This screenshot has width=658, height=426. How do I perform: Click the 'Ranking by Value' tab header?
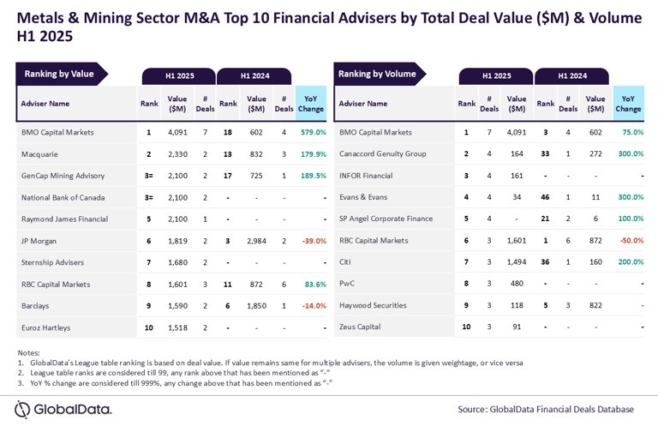click(x=59, y=75)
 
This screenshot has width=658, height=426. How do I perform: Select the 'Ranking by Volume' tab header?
click(x=377, y=75)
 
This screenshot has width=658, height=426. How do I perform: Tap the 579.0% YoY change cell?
click(x=313, y=133)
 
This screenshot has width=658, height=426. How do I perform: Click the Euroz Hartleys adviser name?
click(x=46, y=327)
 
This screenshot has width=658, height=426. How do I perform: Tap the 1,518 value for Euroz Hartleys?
click(x=177, y=327)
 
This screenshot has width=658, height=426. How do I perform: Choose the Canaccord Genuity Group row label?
click(x=382, y=154)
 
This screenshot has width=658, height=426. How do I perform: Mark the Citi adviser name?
click(x=346, y=262)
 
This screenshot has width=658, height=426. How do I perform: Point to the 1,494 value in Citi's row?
click(x=516, y=262)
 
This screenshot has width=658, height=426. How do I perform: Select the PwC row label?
click(x=347, y=284)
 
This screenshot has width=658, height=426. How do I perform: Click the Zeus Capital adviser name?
click(x=360, y=327)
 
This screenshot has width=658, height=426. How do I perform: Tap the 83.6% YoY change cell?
click(x=315, y=284)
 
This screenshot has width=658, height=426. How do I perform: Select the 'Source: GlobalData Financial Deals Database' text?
click(x=545, y=410)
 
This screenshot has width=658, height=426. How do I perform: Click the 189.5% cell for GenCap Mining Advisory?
click(x=313, y=176)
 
